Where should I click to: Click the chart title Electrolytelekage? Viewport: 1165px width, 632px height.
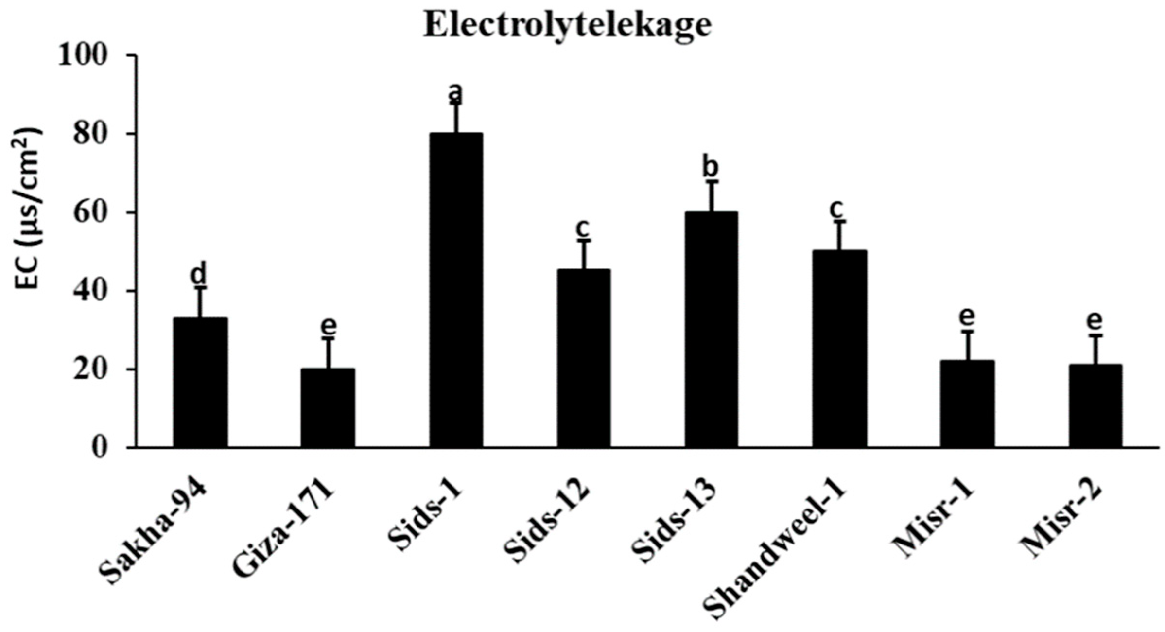pos(568,25)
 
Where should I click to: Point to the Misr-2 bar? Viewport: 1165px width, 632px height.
pos(1095,405)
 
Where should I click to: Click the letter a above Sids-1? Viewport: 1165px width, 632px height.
pos(456,92)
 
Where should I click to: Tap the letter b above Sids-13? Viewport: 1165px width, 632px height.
pos(711,168)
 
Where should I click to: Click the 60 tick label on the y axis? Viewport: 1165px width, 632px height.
pos(89,213)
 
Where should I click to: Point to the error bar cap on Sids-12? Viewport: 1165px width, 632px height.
pos(584,240)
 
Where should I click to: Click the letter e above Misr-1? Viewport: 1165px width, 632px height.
pos(966,316)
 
